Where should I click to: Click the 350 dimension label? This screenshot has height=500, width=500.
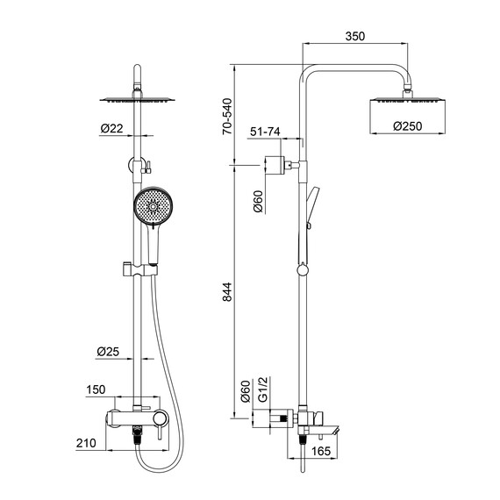tap(355, 36)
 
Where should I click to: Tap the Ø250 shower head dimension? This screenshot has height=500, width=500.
tap(407, 126)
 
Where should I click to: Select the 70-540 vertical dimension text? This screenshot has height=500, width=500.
tap(228, 117)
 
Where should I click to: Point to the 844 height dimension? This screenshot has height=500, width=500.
tap(227, 292)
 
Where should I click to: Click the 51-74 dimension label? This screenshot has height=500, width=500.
tap(265, 132)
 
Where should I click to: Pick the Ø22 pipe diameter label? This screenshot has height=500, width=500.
tap(111, 128)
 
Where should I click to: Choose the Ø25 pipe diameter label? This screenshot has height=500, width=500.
tap(108, 352)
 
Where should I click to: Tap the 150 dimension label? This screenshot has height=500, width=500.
tap(96, 389)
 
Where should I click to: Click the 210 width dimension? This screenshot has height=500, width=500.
tap(86, 443)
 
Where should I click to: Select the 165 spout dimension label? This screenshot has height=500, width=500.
tap(321, 451)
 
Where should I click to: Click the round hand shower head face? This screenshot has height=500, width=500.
tap(153, 206)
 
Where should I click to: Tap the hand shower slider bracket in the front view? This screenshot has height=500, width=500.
tap(139, 270)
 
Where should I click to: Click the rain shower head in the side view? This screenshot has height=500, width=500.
tap(407, 101)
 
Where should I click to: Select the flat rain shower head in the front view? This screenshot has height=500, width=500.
tap(137, 99)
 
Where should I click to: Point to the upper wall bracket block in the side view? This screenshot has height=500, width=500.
tap(275, 165)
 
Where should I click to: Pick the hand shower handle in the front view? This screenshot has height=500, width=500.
tap(154, 245)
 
